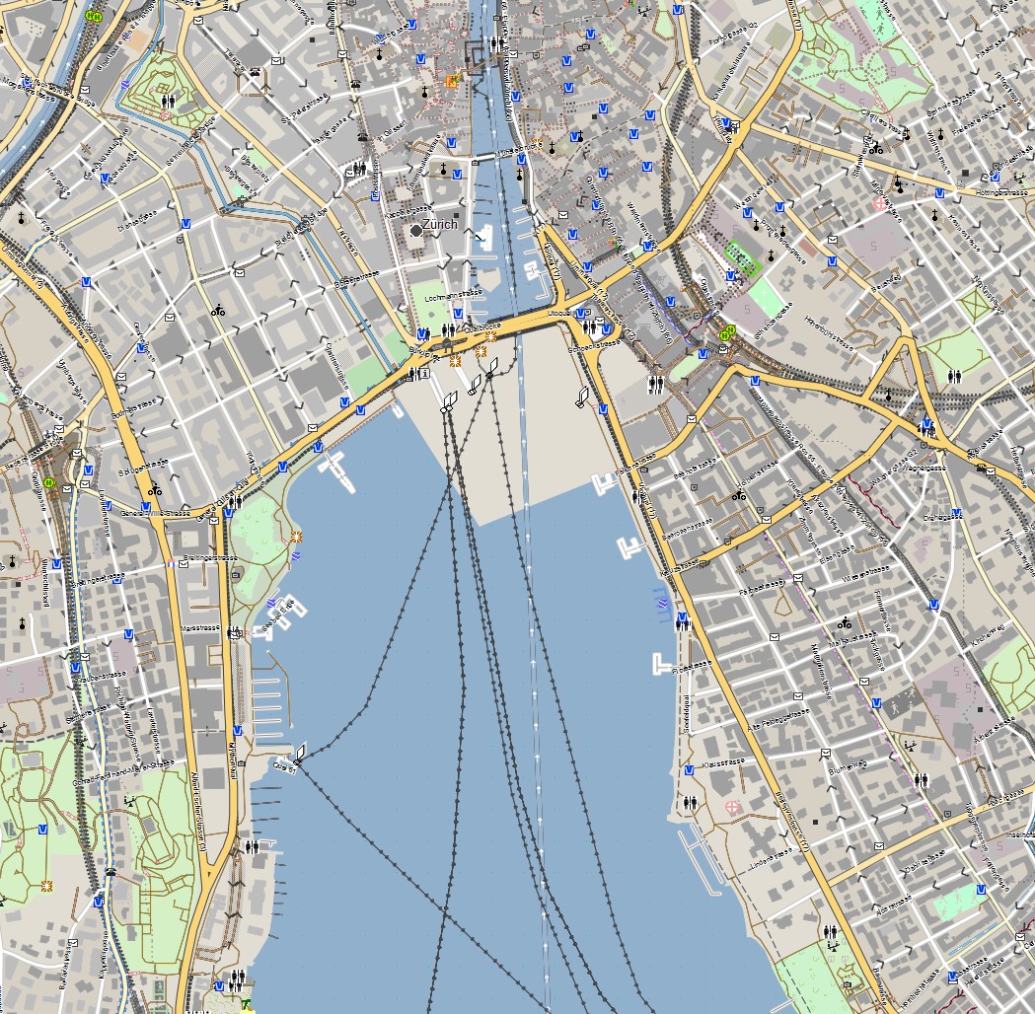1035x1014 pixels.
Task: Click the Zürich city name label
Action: click(x=440, y=224)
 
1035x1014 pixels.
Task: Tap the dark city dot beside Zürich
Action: click(x=416, y=229)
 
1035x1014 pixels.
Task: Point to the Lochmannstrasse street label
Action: click(x=446, y=296)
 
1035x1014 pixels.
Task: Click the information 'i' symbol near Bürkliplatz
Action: click(x=424, y=374)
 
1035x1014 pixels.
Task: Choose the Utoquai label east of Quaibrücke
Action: click(x=558, y=312)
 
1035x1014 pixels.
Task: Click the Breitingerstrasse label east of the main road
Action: click(x=210, y=556)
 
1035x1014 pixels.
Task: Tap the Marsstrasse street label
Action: click(x=200, y=627)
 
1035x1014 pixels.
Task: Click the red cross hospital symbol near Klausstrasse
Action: click(x=732, y=807)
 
